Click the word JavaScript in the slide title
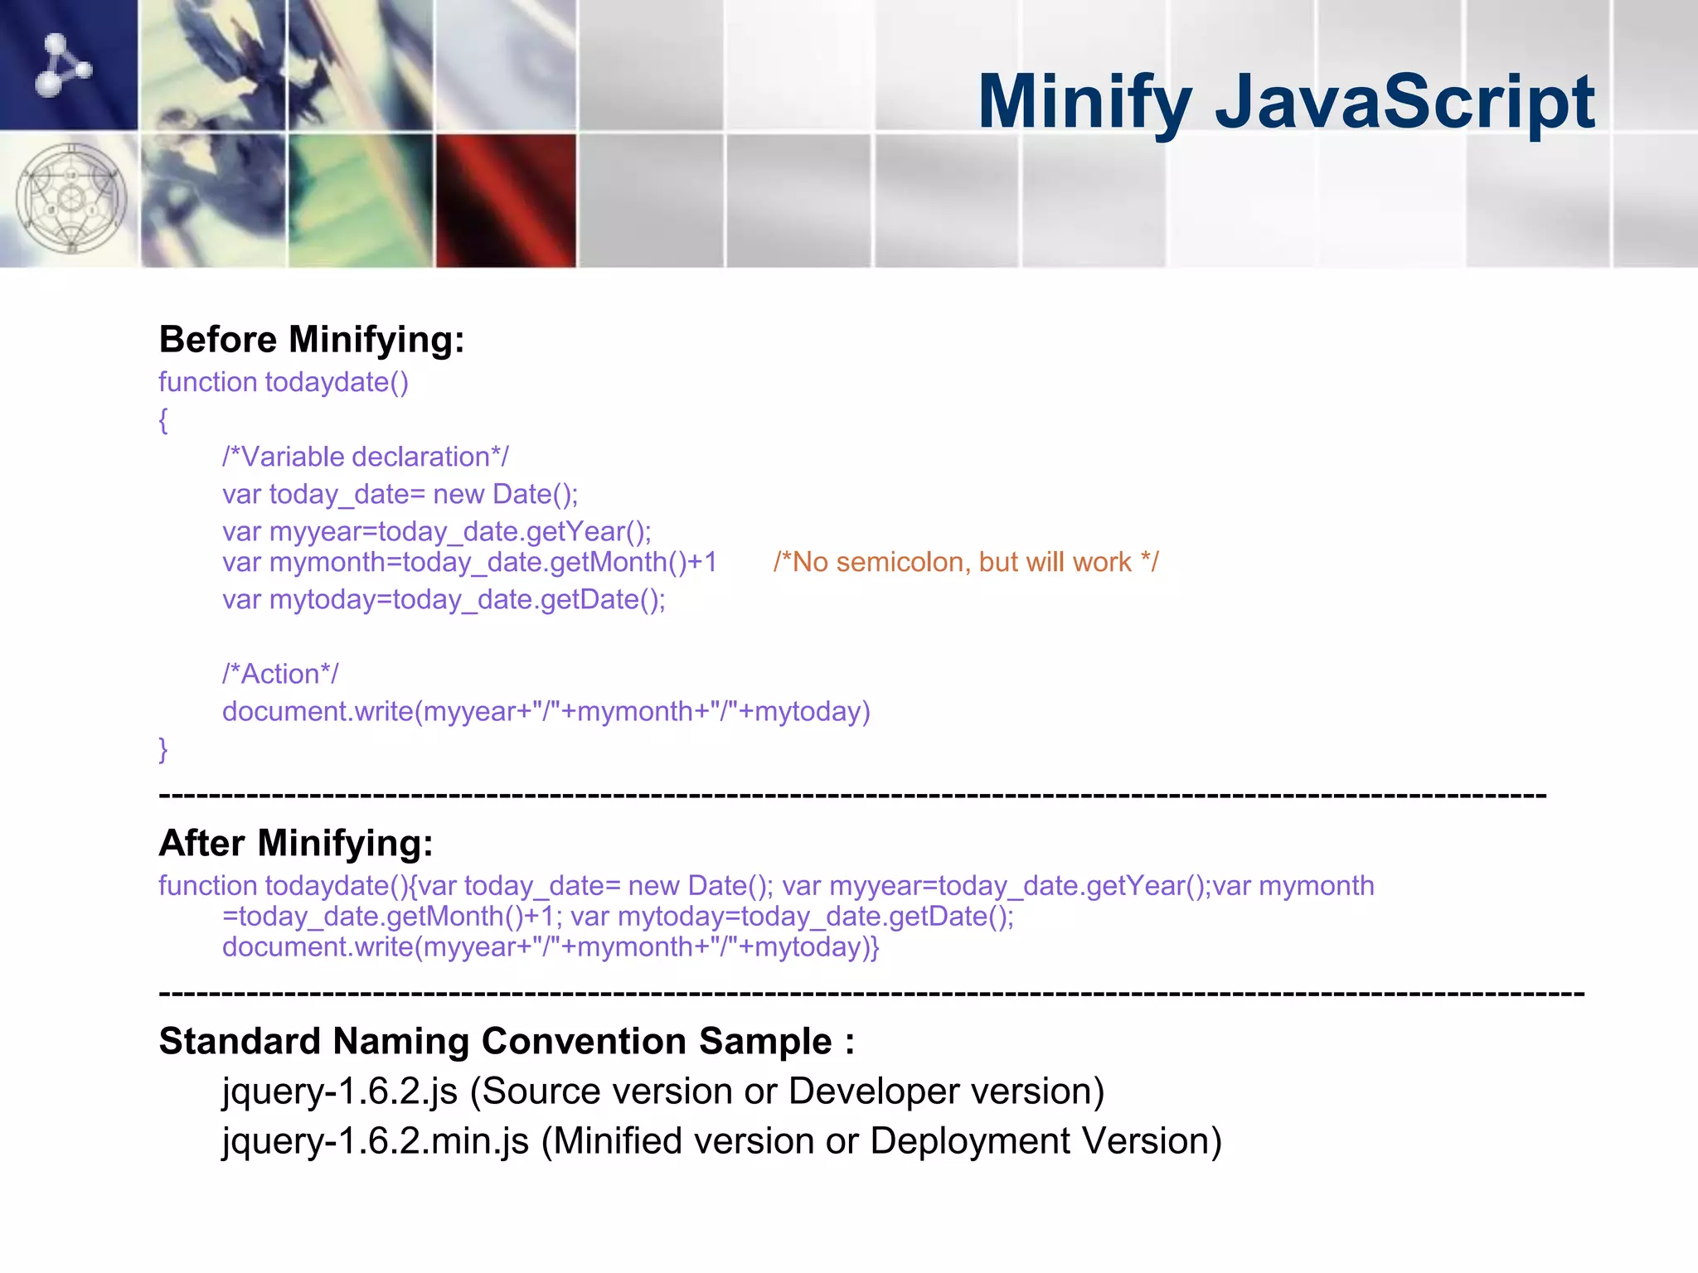click(1404, 102)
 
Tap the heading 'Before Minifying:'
click(311, 340)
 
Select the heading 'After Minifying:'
click(296, 843)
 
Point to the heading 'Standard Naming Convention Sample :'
click(507, 1041)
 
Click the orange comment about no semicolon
click(966, 563)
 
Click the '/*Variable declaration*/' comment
click(366, 457)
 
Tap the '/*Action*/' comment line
click(280, 674)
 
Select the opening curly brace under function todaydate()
click(163, 420)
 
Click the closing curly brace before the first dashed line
click(163, 748)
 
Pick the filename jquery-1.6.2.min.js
click(376, 1141)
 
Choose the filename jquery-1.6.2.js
click(340, 1091)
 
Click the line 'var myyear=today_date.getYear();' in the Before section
click(437, 531)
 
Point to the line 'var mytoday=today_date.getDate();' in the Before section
click(444, 599)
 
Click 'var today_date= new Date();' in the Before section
click(400, 495)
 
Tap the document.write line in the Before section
click(546, 712)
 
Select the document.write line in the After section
click(551, 946)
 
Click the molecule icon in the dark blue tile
click(63, 65)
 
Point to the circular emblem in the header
click(71, 199)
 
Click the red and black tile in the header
click(506, 201)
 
